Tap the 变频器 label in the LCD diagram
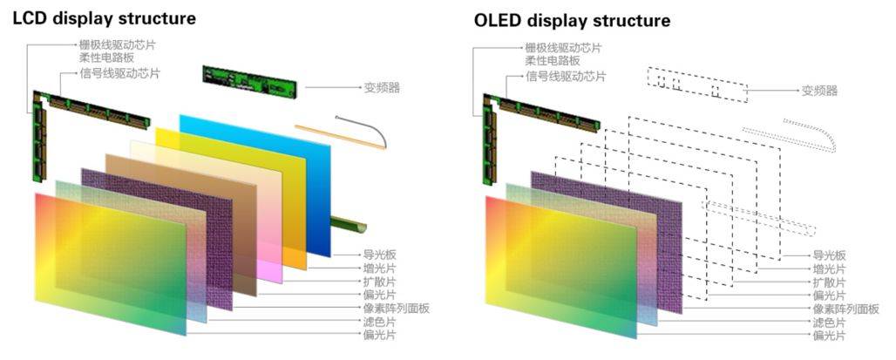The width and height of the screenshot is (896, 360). (382, 89)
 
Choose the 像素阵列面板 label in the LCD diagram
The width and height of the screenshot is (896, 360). (395, 309)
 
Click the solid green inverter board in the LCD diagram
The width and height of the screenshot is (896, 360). (249, 83)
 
